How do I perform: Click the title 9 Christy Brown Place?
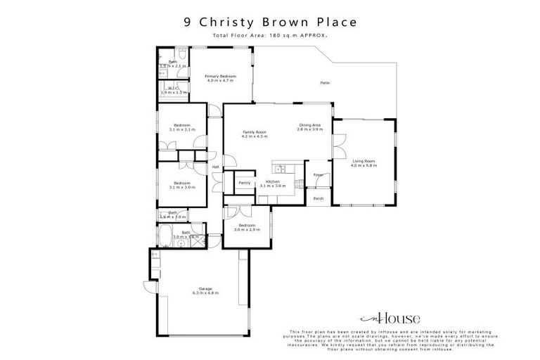pos(270,21)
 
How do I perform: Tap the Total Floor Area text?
pos(270,35)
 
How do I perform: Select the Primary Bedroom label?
pos(220,76)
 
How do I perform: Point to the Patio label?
pos(325,84)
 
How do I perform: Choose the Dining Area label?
pos(309,125)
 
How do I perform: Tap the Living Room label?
pos(364,161)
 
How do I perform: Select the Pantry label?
pos(245,183)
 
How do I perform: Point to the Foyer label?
pos(318,174)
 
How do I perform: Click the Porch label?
pos(319,198)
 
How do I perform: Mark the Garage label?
pos(205,289)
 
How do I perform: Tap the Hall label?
pos(217,167)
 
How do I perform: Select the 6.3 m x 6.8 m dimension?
pos(205,293)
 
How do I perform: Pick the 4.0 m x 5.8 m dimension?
pos(364,165)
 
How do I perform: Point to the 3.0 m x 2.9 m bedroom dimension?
pos(246,230)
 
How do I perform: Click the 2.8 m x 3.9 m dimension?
pos(309,129)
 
